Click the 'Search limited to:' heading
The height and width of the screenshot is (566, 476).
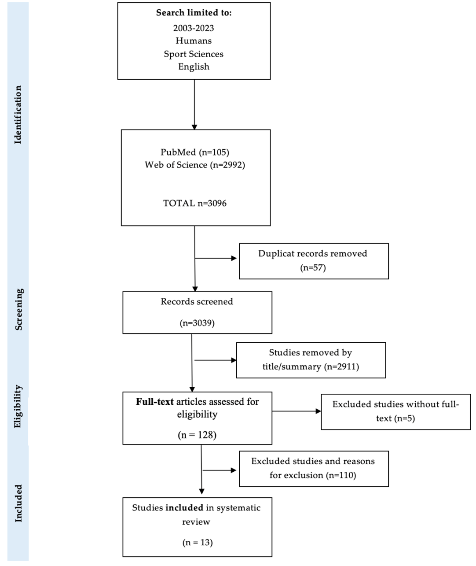194,13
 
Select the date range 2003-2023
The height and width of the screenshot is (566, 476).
194,28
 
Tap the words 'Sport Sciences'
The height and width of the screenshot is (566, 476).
194,54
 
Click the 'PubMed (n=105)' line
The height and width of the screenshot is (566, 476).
195,152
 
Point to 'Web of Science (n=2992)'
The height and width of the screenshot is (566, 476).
195,165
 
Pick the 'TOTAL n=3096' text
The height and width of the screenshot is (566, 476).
195,203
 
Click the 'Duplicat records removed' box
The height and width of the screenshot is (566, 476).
313,261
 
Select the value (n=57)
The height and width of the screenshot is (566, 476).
313,267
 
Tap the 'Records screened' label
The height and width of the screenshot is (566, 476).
197,302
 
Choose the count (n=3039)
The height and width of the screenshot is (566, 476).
197,323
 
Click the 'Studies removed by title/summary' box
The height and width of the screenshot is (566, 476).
311,360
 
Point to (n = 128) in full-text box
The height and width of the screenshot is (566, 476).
197,435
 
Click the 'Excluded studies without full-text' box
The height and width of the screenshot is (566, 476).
395,411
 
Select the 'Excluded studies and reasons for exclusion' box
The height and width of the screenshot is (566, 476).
313,468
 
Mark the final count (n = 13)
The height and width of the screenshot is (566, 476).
198,542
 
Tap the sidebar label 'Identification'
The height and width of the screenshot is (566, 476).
18,115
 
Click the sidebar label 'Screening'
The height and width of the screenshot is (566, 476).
19,309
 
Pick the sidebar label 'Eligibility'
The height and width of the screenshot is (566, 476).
18,406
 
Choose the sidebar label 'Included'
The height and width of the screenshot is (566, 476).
18,503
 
